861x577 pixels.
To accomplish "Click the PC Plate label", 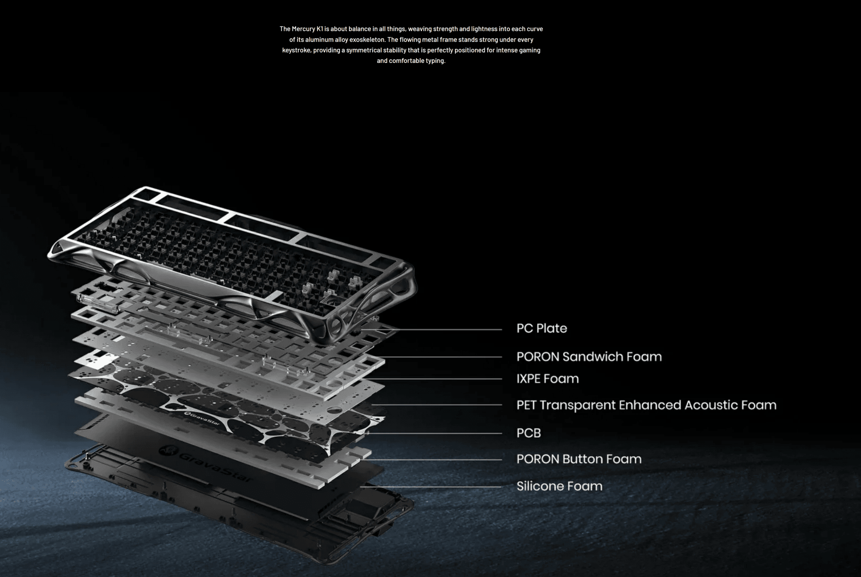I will click(541, 328).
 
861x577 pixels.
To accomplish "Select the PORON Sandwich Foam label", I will click(589, 357).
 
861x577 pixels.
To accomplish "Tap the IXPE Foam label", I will click(547, 379).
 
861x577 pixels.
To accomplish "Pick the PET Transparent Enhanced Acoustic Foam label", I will click(646, 405).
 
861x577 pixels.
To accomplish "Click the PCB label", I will click(528, 433).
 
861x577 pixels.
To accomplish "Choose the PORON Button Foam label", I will click(579, 459).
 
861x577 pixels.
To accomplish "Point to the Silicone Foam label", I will click(559, 486).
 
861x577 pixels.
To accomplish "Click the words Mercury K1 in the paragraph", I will click(307, 29).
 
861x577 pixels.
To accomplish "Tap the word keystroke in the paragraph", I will click(296, 50).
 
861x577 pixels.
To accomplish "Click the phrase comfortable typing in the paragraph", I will click(417, 61).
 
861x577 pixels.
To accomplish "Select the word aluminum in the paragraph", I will click(319, 40).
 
